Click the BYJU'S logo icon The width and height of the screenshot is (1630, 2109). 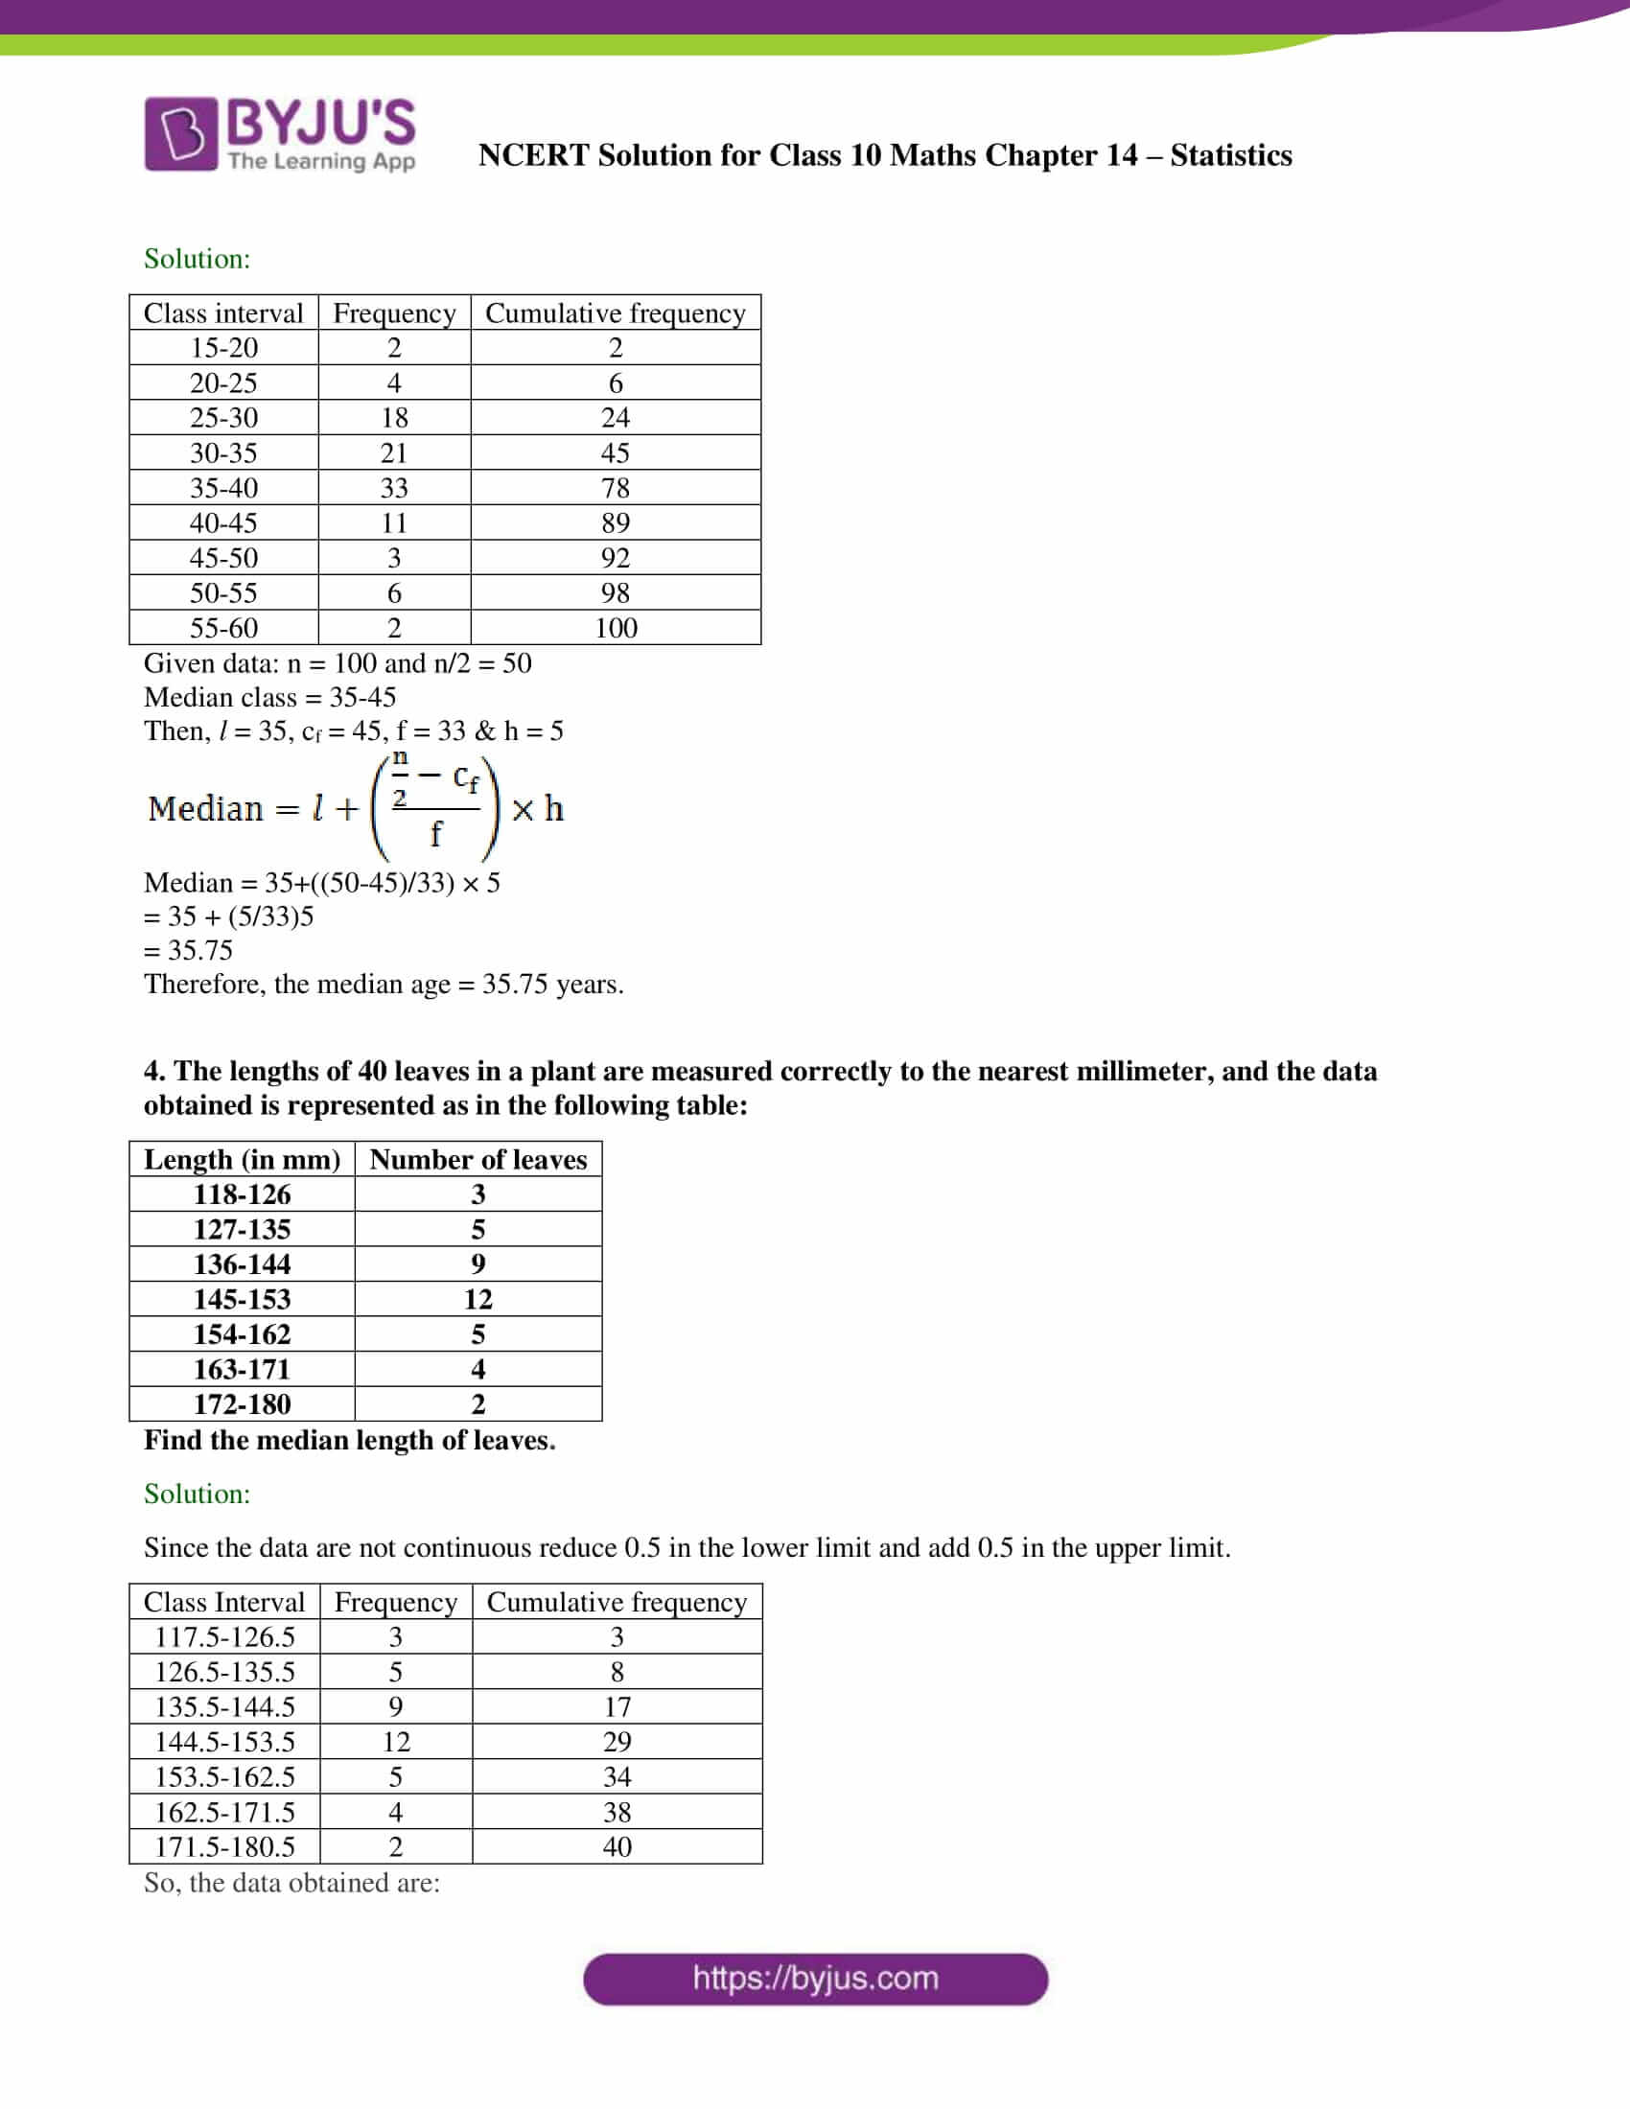coord(180,133)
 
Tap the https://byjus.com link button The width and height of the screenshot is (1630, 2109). coord(815,1979)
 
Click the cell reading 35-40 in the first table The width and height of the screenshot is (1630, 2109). coord(223,488)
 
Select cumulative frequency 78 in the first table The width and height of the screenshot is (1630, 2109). coord(616,488)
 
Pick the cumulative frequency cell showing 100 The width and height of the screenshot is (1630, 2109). coord(616,628)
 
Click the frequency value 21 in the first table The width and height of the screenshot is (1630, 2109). coord(394,452)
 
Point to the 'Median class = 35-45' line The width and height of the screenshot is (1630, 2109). coord(269,697)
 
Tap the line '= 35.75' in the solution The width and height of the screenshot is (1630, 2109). coord(188,950)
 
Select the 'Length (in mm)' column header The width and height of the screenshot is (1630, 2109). coord(242,1159)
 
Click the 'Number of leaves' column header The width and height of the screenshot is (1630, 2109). coord(478,1159)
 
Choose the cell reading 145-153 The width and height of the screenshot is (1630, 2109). coord(242,1299)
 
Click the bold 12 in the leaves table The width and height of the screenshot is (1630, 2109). coord(478,1299)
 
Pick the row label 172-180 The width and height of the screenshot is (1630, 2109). coord(242,1404)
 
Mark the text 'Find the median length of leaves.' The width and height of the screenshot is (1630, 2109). coord(350,1440)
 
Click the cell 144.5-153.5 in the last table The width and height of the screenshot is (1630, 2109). coord(224,1741)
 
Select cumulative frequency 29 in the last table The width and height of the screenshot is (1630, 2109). coord(617,1741)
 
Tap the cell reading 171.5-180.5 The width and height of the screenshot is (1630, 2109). coord(224,1846)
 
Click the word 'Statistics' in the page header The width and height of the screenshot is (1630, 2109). coord(1230,155)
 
